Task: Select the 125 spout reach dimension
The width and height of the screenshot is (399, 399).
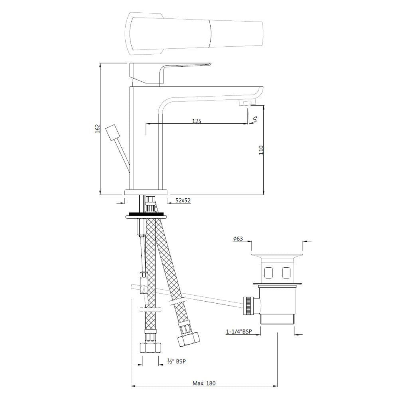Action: (x=196, y=120)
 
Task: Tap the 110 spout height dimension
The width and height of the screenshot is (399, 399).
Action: (x=261, y=150)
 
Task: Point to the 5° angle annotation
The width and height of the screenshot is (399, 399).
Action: (x=255, y=119)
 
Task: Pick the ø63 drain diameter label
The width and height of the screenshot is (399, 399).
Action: (x=238, y=239)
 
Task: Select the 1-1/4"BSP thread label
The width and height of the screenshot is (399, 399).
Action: (x=239, y=331)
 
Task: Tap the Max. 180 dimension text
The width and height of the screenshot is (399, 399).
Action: (x=204, y=383)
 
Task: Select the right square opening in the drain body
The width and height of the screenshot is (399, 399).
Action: (x=286, y=273)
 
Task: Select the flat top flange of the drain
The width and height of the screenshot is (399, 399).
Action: (x=277, y=255)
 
